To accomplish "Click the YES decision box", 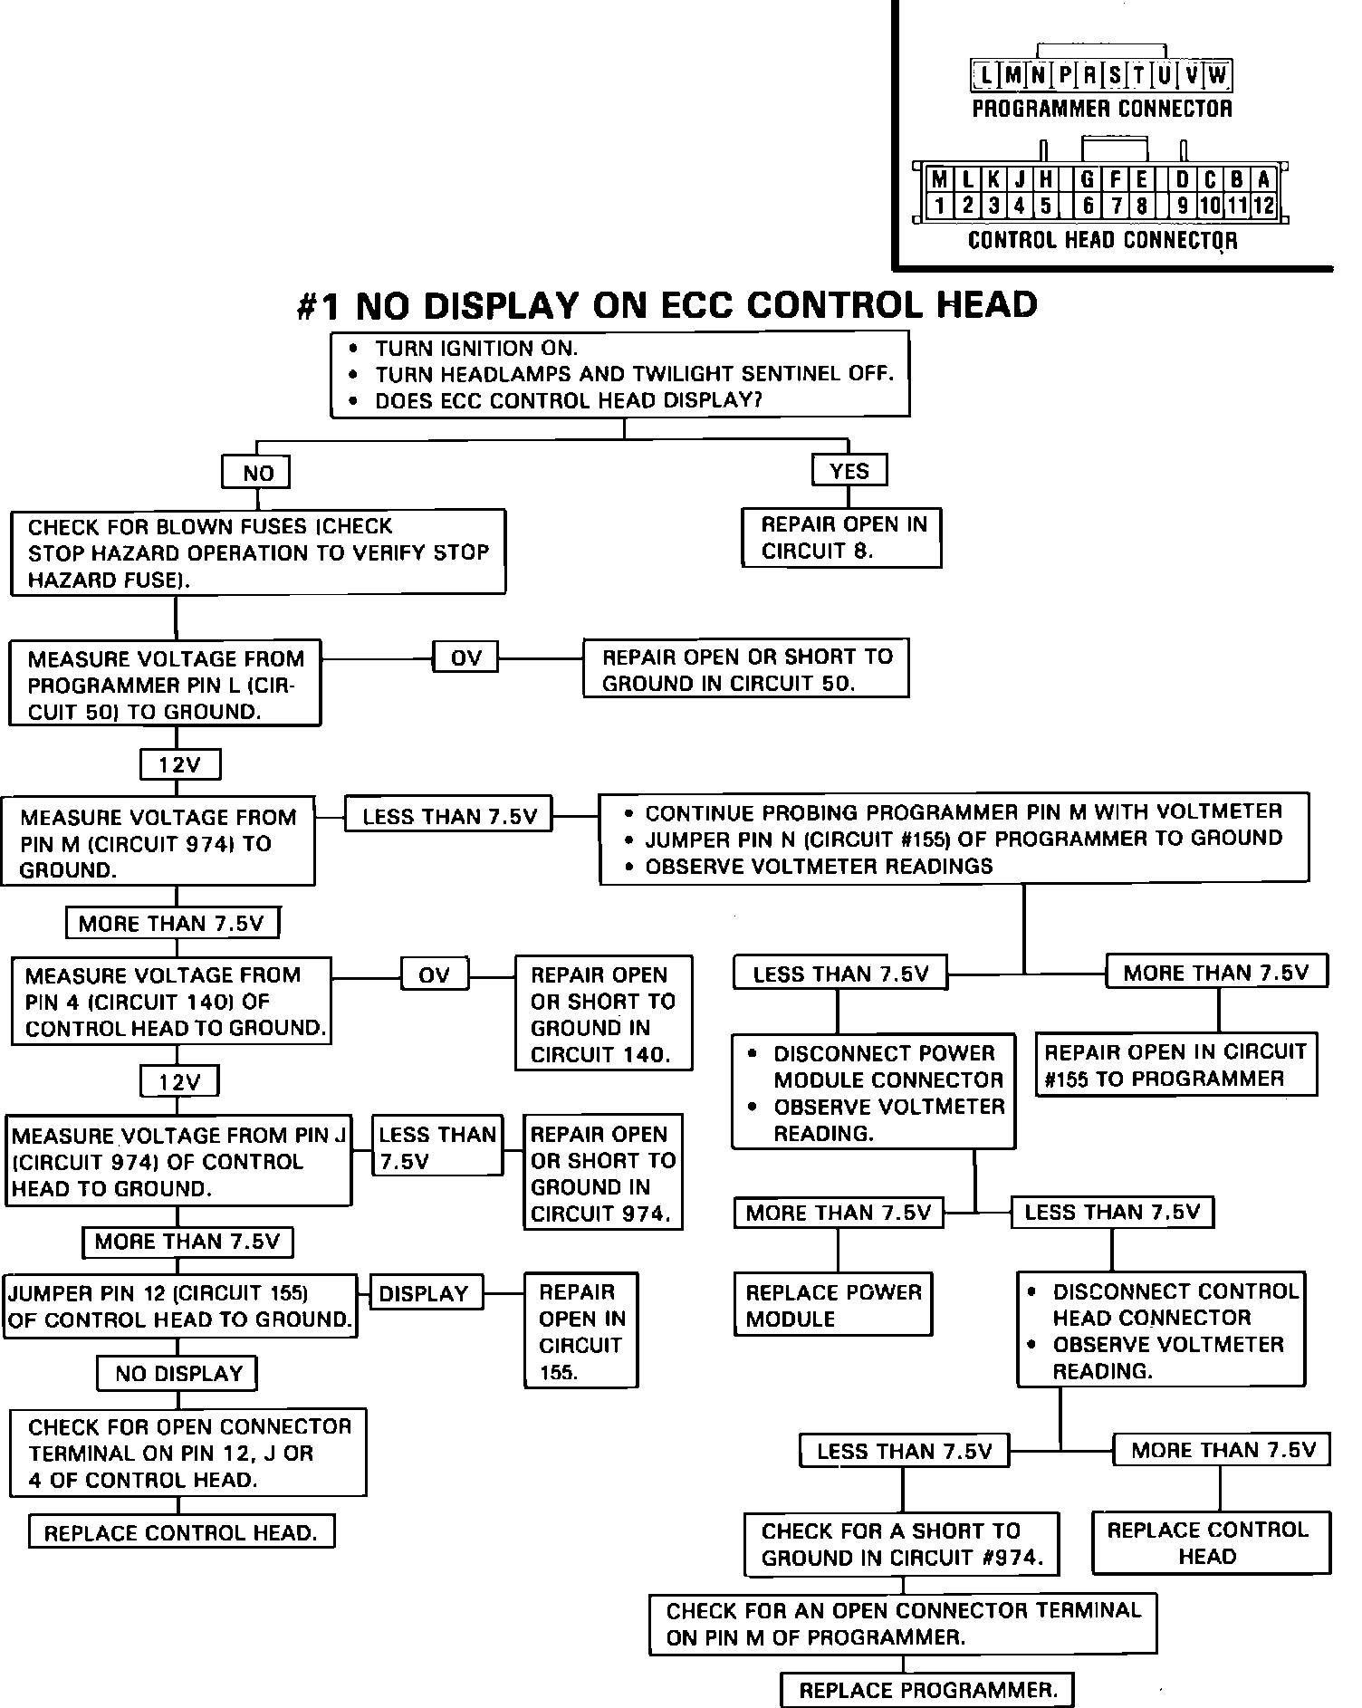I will (x=849, y=471).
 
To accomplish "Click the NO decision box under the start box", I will (x=257, y=473).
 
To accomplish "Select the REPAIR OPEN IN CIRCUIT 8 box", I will (x=841, y=538).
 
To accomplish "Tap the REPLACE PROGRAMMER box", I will (x=927, y=1690).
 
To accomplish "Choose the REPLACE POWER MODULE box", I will (x=833, y=1305).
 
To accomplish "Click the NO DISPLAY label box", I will (x=177, y=1373).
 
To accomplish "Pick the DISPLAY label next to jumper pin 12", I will (x=423, y=1293).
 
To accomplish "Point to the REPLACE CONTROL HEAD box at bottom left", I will (x=181, y=1532).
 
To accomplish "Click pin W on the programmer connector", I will (x=1217, y=75).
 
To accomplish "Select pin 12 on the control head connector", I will (x=1263, y=206).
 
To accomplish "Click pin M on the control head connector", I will (x=939, y=179).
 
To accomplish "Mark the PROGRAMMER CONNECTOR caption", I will (x=1101, y=109).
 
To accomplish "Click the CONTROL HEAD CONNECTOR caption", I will (x=1101, y=240).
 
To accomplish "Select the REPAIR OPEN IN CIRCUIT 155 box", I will (x=581, y=1330).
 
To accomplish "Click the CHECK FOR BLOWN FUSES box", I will (x=258, y=552).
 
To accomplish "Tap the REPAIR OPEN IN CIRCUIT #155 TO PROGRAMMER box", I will (x=1175, y=1065).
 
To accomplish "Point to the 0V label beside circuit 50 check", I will (x=465, y=657).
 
